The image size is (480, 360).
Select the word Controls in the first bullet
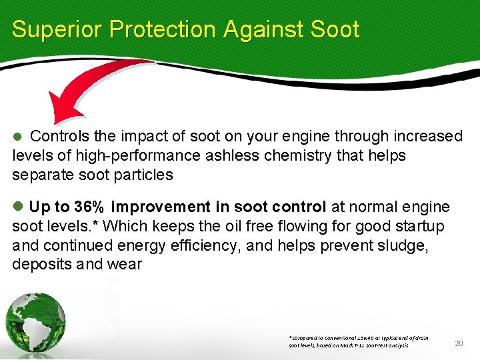[x=60, y=137]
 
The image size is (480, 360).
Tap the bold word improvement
[x=160, y=207]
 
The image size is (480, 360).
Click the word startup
[x=420, y=226]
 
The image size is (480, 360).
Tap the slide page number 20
[x=458, y=343]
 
